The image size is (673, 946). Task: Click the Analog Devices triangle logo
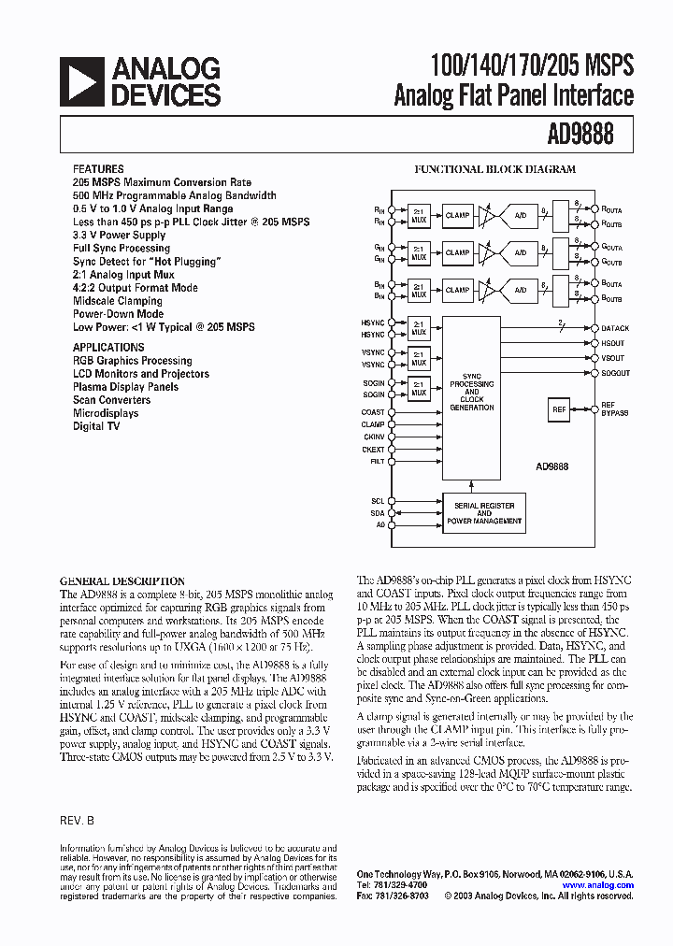[81, 81]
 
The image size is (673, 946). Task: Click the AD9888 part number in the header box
[581, 135]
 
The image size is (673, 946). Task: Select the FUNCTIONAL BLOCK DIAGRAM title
[495, 170]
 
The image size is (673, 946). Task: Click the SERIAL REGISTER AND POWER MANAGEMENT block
[484, 513]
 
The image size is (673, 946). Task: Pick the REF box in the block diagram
[559, 409]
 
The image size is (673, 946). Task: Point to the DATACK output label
[616, 329]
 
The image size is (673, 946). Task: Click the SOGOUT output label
[615, 373]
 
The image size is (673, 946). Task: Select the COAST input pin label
[373, 412]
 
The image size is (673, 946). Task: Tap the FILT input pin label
[377, 461]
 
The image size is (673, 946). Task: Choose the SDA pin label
[378, 513]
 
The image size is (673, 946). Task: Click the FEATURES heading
[97, 169]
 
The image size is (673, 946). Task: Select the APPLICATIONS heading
[108, 347]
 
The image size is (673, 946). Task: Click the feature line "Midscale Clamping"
[118, 301]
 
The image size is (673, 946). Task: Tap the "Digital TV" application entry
[96, 426]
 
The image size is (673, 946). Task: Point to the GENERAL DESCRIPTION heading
[122, 580]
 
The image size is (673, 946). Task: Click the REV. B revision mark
[78, 819]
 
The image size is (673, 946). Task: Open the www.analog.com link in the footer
[598, 884]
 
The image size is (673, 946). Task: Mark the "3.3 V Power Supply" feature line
[119, 236]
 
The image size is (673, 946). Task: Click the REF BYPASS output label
[615, 408]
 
